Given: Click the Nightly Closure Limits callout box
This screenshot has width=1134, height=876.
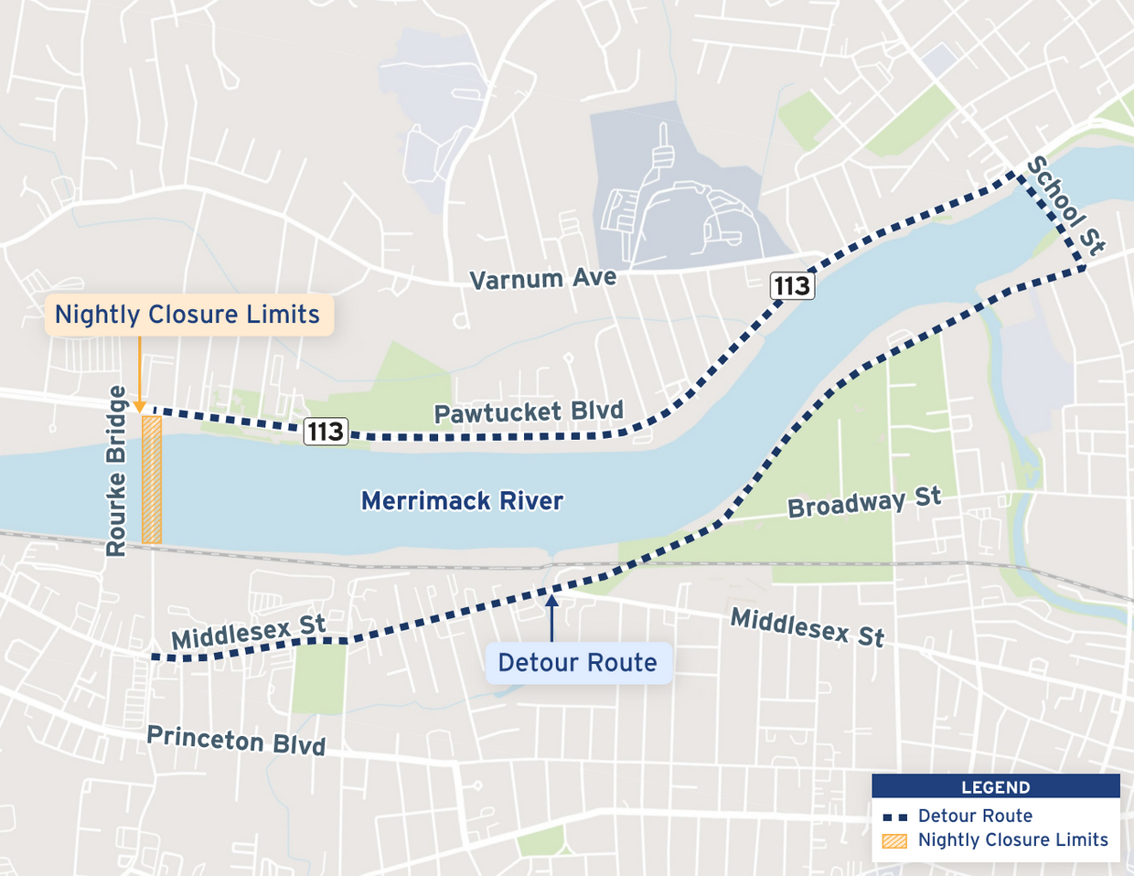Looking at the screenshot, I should [187, 315].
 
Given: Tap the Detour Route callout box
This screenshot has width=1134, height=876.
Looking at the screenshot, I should [577, 663].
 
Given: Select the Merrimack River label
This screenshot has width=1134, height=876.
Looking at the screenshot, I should [462, 501].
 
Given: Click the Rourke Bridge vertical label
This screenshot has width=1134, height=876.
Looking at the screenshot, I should [116, 471].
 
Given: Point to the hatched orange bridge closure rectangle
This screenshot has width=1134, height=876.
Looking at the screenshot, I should [152, 480].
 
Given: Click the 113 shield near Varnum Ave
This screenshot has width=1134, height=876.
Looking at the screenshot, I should [791, 286].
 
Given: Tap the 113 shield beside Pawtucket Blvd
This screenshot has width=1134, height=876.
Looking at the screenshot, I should [326, 431].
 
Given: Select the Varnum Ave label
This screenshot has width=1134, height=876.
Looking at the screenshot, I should [542, 278].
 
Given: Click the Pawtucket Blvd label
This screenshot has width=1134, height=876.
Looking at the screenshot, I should [528, 412].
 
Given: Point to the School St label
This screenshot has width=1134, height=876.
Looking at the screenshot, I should [1065, 205].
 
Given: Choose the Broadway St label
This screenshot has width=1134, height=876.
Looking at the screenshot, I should [863, 503].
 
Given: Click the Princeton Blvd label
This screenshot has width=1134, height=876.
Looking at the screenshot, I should [236, 740].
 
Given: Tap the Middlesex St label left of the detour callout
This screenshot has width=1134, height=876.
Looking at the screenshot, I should [248, 632].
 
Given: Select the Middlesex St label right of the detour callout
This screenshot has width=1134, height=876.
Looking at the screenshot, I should [807, 628].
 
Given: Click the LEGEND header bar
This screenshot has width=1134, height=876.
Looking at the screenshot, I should [995, 786].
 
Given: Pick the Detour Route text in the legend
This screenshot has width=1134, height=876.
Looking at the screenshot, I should [975, 816].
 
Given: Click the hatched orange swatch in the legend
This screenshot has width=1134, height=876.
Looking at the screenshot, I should [894, 840].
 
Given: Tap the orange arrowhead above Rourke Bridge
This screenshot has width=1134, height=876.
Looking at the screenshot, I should [139, 407].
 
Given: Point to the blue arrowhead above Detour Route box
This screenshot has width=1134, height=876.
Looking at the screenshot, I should [551, 600].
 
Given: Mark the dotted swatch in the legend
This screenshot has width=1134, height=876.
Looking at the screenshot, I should [894, 817].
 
